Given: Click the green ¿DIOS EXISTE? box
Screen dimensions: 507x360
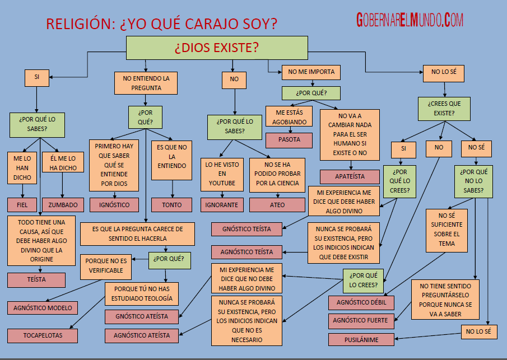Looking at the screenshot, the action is point(216,48).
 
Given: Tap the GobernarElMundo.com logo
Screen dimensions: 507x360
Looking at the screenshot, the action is point(410,21).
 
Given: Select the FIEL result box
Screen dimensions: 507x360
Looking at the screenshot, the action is point(22,204).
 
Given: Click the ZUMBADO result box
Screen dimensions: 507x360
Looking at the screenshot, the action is point(63,204).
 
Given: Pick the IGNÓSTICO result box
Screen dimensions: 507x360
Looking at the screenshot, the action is point(114,204).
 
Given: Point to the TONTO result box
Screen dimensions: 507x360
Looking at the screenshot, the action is point(171,204).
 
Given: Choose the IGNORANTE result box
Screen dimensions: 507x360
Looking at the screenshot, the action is point(221,204).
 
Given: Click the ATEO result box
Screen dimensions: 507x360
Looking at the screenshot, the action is point(277,204).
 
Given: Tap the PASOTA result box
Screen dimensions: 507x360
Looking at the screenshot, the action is point(289,139).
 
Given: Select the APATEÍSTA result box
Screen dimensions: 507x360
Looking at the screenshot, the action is point(350,176).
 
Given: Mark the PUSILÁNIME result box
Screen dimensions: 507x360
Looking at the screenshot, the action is point(361,340).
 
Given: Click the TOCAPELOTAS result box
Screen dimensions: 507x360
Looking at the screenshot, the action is point(43,335).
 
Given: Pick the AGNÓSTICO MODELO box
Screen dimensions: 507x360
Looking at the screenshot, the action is point(43,307).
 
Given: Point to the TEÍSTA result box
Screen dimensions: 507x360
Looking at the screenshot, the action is point(36,279).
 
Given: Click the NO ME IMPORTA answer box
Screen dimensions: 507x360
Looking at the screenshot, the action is point(311,72).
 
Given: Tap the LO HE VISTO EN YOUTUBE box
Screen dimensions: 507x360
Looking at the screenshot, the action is point(222,174).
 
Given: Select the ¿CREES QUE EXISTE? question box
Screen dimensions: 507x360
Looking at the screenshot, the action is point(445,108).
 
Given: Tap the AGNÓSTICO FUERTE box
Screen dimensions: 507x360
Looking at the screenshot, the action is point(361,321).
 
